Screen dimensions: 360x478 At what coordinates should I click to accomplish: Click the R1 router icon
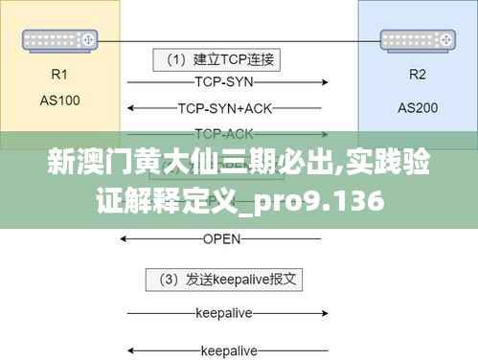(58, 40)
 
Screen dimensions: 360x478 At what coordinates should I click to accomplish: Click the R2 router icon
(417, 40)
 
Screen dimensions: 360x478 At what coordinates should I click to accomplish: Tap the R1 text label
(59, 73)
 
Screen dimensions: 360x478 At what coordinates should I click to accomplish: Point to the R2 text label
(418, 74)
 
